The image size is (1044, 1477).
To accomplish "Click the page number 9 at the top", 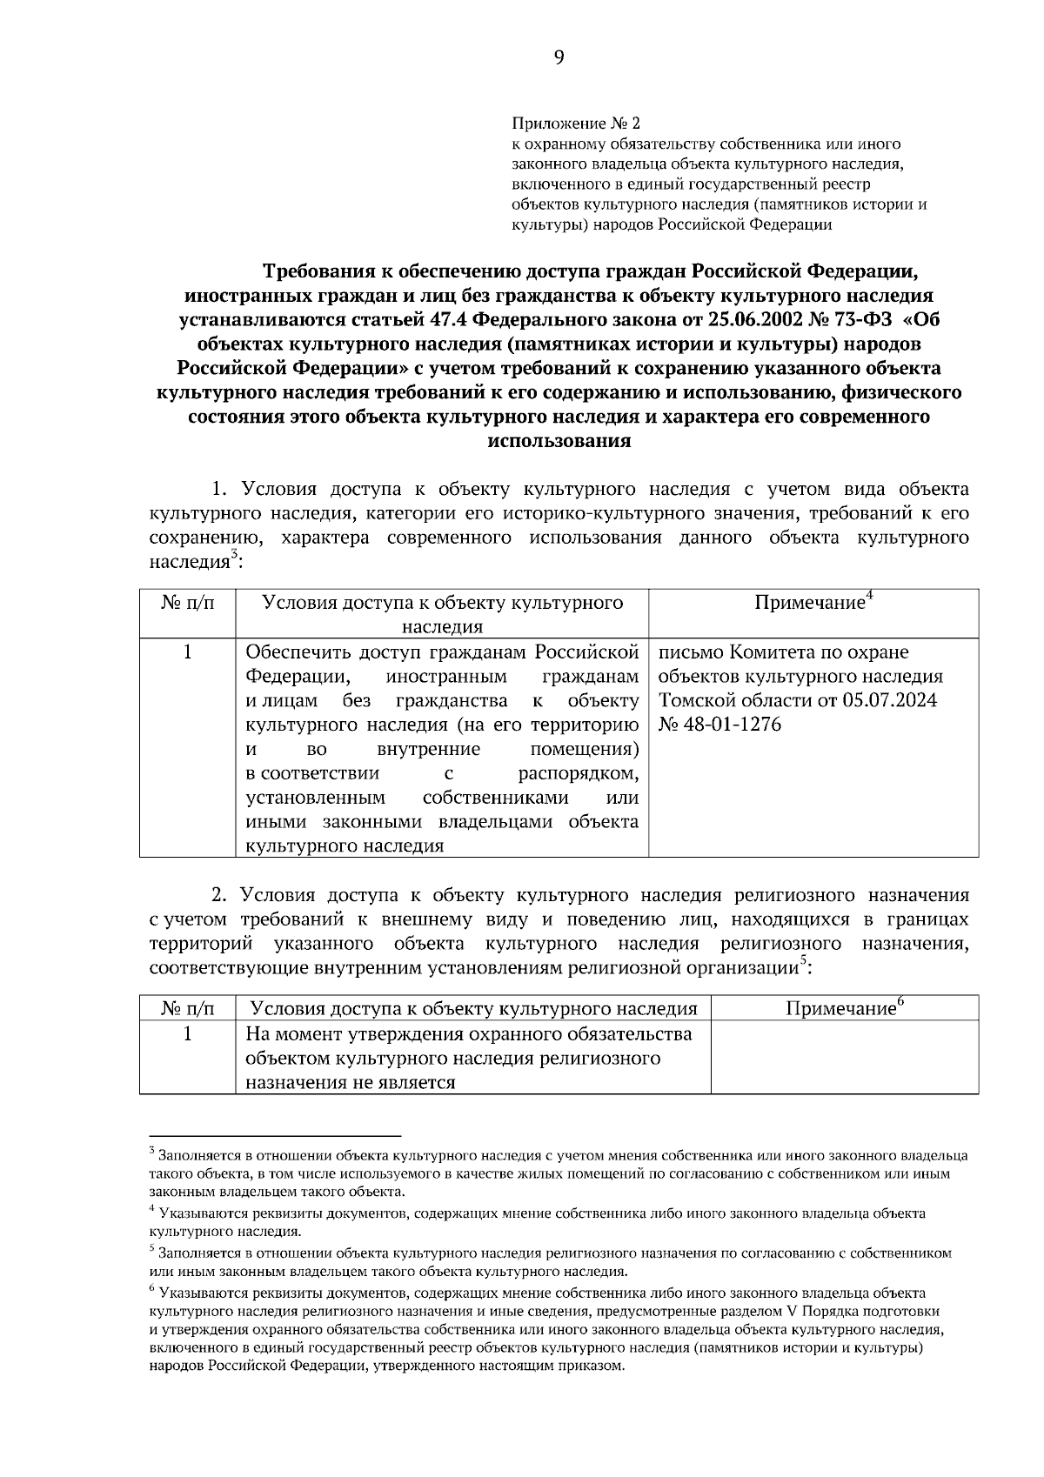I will [x=558, y=58].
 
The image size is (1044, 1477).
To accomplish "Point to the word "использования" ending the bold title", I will [x=559, y=440].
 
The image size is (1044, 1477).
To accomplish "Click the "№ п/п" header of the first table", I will [x=187, y=603].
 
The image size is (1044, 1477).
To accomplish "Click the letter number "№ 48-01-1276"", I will [x=720, y=725].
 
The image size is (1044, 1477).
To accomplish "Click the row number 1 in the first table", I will [x=187, y=652].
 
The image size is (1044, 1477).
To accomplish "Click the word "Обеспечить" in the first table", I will [x=299, y=652].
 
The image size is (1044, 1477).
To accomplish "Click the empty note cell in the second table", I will [x=844, y=1058].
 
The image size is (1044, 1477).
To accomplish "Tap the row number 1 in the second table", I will [x=187, y=1033].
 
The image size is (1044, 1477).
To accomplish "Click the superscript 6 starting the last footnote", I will [x=152, y=1291].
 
